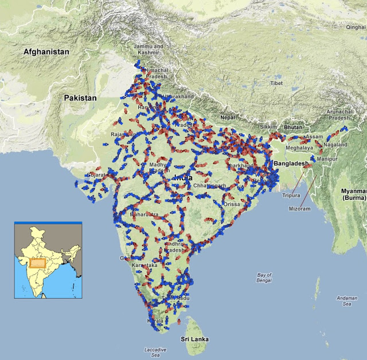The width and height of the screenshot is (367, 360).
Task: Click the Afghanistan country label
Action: click(46, 52)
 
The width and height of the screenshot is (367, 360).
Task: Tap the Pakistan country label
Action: click(80, 98)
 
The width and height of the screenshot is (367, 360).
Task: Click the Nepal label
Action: click(228, 118)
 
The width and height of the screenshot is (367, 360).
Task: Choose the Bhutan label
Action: click(292, 126)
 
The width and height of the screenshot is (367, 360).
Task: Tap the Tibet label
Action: click(277, 84)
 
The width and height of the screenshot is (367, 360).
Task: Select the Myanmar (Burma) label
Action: click(350, 193)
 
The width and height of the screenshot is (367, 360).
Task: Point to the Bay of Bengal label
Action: click(264, 278)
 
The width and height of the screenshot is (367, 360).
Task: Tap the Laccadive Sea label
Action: click(155, 353)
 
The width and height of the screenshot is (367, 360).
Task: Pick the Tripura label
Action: click(291, 195)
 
